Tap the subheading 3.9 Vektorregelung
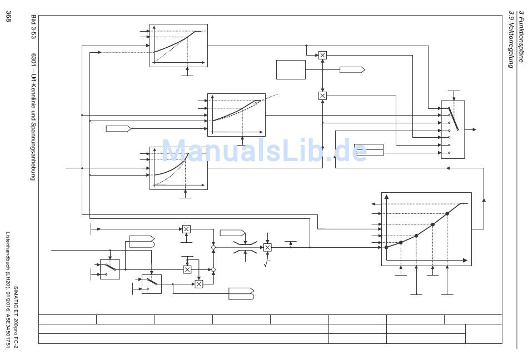[x=510, y=41]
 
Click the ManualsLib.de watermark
[x=264, y=151]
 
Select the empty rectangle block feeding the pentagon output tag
[x=291, y=69]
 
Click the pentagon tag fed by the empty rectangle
[x=352, y=69]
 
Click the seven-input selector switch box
[x=453, y=129]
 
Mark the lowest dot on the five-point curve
[x=386, y=247]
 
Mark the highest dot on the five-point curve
[x=447, y=213]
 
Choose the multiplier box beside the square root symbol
[x=267, y=247]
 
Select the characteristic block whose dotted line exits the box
[x=236, y=114]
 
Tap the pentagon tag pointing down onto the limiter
[x=232, y=232]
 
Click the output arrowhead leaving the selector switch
[x=474, y=129]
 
